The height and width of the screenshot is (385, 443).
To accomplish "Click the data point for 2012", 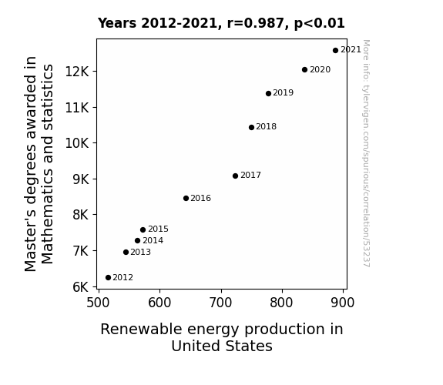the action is click(x=108, y=278).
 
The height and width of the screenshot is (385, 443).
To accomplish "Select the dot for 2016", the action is click(x=186, y=199).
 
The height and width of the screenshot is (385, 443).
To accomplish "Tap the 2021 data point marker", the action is click(x=335, y=51).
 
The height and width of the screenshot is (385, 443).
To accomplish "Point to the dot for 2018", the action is click(x=251, y=127).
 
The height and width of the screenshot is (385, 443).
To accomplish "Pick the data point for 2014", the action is click(x=138, y=241).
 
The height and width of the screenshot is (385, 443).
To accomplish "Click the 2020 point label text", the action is click(x=320, y=69).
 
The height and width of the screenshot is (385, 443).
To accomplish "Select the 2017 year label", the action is click(x=250, y=175).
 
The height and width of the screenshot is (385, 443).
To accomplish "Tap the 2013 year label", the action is click(x=140, y=252).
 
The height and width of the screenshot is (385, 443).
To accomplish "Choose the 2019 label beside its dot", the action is click(x=283, y=92).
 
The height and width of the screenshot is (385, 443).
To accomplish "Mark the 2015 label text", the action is click(x=158, y=229).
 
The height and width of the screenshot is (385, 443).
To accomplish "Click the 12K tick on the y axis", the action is click(x=77, y=72).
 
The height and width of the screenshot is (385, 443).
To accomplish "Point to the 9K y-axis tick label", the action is click(x=81, y=179).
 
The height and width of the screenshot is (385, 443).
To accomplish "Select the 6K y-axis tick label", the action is click(x=81, y=287).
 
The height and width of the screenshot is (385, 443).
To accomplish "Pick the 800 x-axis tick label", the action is click(x=281, y=303).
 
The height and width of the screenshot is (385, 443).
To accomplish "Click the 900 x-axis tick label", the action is click(x=343, y=303).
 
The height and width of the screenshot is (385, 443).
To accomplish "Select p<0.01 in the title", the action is click(x=320, y=24).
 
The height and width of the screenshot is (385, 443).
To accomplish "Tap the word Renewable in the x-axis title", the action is click(x=141, y=330).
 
